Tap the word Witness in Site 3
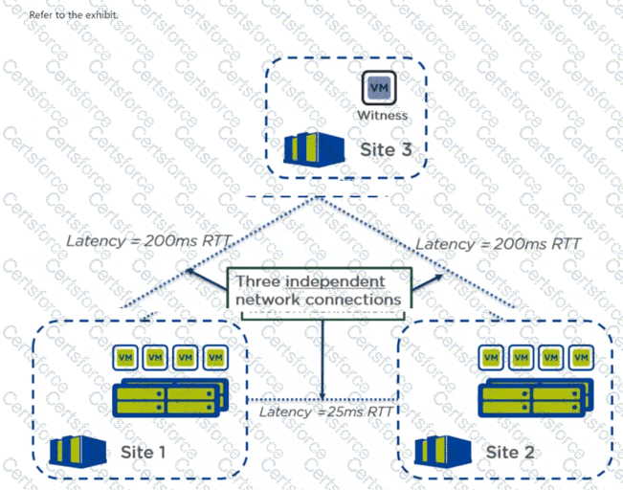pyautogui.click(x=382, y=116)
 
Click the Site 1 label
pyautogui.click(x=144, y=451)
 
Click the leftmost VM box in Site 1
pyautogui.click(x=123, y=357)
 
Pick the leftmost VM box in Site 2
pyautogui.click(x=490, y=357)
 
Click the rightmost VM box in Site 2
pyautogui.click(x=577, y=357)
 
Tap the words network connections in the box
pyautogui.click(x=319, y=300)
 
